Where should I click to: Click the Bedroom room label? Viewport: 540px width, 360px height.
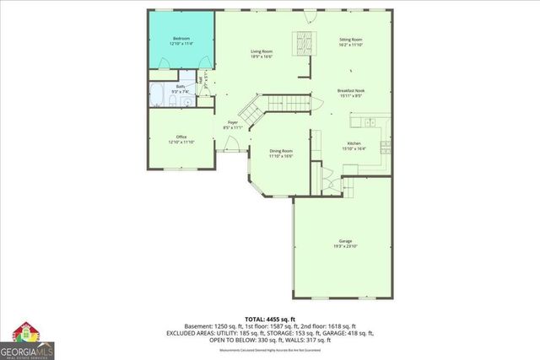tap(181, 39)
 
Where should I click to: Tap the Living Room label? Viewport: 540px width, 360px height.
tap(261, 51)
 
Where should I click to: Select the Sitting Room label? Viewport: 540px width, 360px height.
tap(351, 40)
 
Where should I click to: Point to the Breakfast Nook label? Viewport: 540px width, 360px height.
tap(351, 90)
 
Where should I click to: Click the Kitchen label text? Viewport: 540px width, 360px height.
tap(354, 143)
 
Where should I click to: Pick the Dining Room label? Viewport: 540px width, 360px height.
tap(281, 150)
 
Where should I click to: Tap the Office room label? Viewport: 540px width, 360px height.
tap(181, 137)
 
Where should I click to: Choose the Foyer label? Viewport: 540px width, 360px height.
tap(233, 123)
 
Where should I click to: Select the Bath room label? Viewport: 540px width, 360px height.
tap(181, 86)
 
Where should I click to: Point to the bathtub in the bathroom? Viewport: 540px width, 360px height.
tap(159, 95)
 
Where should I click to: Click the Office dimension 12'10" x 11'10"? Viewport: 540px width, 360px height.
tap(181, 142)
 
